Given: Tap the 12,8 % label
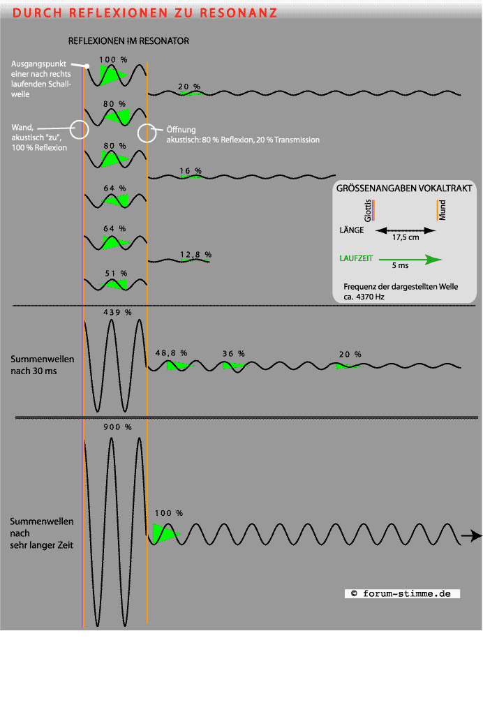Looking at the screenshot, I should [195, 255].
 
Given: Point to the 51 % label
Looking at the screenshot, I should [116, 273].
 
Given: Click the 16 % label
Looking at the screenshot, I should [191, 170].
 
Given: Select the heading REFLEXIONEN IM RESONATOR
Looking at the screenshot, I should [128, 41].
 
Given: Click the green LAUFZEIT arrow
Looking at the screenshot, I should [411, 259].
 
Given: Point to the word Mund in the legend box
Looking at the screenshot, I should [443, 210].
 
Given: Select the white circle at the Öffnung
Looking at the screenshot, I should [147, 133].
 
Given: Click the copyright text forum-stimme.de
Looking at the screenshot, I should [403, 593].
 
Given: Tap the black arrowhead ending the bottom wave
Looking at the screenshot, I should [475, 536].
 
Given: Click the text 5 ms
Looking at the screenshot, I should [400, 266].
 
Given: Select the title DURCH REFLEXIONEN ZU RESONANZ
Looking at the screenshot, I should [145, 13].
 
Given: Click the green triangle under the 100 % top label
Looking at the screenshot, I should [110, 74].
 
